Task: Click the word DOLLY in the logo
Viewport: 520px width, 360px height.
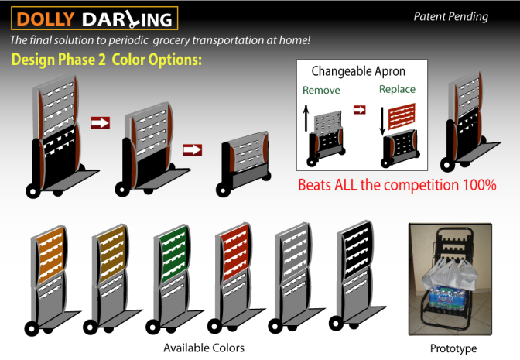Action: [x=46, y=19]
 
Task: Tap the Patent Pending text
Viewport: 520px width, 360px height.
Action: [x=450, y=16]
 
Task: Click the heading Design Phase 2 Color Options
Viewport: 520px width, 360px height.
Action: [x=107, y=60]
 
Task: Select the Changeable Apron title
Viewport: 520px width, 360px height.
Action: [x=358, y=71]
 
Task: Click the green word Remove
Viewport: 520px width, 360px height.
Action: [x=321, y=90]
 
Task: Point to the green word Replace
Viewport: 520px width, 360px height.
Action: [x=397, y=89]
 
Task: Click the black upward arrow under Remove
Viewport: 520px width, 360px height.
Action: [x=306, y=118]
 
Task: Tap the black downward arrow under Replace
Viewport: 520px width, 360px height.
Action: [x=382, y=121]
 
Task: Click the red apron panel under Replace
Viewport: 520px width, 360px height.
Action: [x=402, y=116]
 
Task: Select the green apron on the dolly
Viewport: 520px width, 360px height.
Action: [x=173, y=255]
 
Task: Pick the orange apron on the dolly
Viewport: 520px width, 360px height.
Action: [x=51, y=255]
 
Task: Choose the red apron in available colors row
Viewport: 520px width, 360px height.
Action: [x=235, y=253]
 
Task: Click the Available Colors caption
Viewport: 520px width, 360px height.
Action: [x=204, y=348]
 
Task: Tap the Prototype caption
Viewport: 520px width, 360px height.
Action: [x=453, y=348]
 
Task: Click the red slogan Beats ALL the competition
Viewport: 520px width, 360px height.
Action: [x=397, y=185]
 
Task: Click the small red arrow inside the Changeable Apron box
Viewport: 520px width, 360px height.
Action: [x=360, y=109]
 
